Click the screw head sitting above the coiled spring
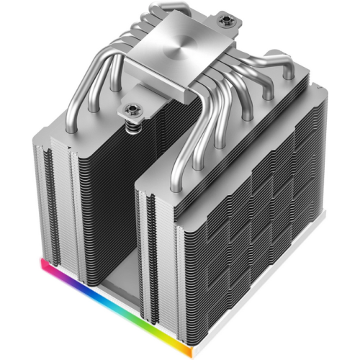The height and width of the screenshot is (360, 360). click(133, 109)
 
